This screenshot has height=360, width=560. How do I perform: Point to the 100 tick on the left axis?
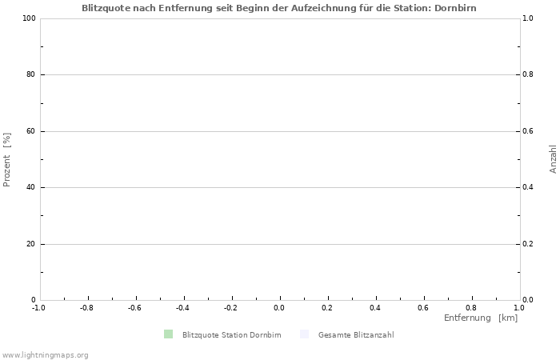click(x=30, y=18)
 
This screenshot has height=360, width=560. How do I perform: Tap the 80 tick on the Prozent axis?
click(x=31, y=75)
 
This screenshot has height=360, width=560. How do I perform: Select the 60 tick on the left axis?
click(x=31, y=131)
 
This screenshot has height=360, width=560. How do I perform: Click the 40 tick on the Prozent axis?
click(x=31, y=188)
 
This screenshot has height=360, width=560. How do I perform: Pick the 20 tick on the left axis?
click(x=31, y=244)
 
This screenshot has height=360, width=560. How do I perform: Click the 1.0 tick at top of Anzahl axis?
click(x=529, y=18)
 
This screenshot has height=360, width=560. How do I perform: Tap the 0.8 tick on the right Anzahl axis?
click(x=529, y=75)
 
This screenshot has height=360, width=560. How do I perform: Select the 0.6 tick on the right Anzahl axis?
click(x=529, y=131)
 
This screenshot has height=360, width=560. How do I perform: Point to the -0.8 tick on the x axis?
click(x=86, y=307)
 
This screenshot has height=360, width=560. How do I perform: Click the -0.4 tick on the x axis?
click(x=182, y=307)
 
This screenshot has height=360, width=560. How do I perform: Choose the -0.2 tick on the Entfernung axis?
click(x=230, y=307)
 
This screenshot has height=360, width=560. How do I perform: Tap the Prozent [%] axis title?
click(x=7, y=159)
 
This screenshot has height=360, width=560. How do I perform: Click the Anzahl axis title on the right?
click(x=553, y=159)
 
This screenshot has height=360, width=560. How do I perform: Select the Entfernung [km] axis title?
click(x=481, y=318)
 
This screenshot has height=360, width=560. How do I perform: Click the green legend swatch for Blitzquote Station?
click(x=168, y=334)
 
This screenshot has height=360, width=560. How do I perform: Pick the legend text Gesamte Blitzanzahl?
click(x=355, y=335)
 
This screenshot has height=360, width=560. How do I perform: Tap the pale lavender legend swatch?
click(x=304, y=334)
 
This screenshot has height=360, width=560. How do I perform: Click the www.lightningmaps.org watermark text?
click(x=45, y=354)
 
